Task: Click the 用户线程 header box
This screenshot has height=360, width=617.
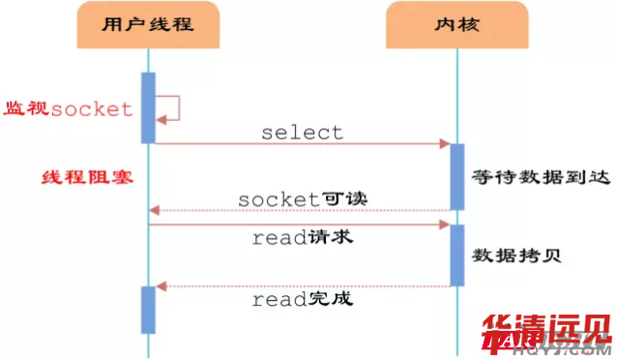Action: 148,27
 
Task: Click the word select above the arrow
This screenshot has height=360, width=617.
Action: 302,132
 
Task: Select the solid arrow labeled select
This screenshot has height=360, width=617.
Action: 302,144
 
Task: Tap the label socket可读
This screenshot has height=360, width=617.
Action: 303,197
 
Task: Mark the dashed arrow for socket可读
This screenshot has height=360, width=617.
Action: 302,210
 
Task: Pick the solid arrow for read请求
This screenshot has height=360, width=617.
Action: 302,225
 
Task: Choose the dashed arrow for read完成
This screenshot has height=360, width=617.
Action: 302,285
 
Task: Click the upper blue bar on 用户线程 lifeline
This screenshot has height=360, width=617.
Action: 149,106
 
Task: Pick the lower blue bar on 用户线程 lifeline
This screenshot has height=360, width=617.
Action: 149,309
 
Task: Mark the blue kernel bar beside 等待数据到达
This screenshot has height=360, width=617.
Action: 457,177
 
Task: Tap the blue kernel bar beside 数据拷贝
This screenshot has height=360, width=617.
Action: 457,255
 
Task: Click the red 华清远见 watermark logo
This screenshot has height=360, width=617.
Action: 545,333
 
